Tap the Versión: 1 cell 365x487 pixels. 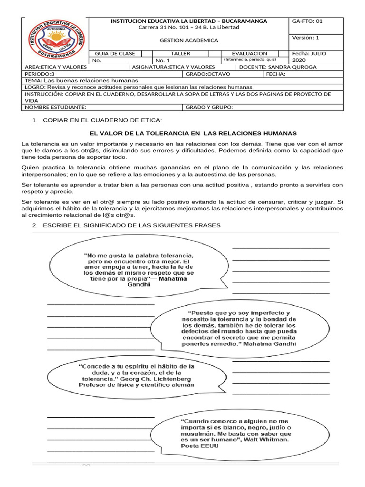[x=306, y=38]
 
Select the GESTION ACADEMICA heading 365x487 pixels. [x=189, y=40]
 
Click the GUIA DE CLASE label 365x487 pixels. [x=115, y=54]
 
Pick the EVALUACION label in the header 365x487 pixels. [x=250, y=54]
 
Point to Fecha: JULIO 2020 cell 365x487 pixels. [x=309, y=57]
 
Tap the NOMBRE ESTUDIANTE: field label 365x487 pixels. [x=55, y=107]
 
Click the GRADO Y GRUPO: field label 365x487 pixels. [x=209, y=107]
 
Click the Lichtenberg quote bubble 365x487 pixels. [x=136, y=375]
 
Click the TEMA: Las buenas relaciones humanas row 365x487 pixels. [x=81, y=81]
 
